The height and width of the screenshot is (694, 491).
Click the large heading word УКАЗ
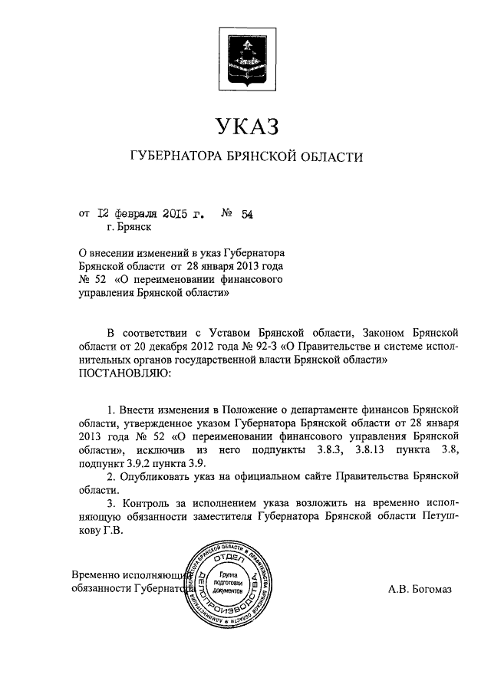[245, 125]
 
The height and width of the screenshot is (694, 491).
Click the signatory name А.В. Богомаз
[421, 589]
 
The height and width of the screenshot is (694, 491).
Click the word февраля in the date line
[136, 214]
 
